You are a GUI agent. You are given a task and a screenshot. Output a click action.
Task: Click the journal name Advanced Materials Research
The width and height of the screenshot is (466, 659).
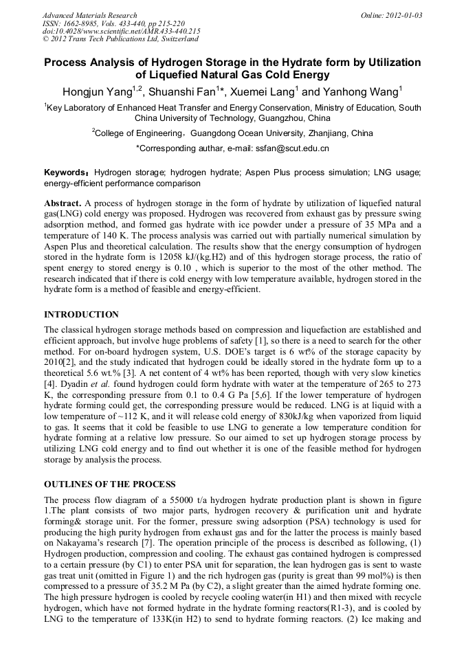coord(89,15)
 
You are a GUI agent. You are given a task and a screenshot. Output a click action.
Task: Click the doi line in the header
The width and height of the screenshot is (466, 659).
coord(121,32)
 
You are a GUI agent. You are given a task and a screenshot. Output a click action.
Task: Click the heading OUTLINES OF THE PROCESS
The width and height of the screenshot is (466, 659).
coord(110,484)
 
